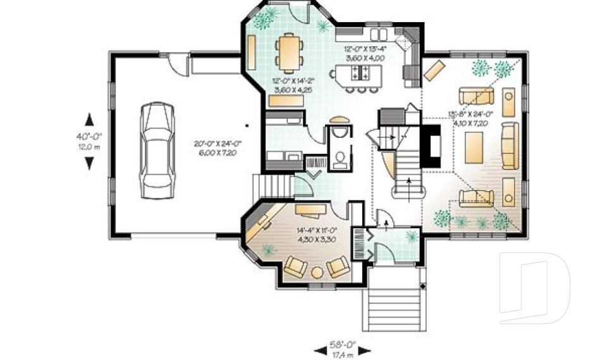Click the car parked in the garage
[156, 150]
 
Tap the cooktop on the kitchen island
[360, 71]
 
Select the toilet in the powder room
[339, 157]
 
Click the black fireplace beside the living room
[433, 146]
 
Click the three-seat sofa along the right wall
[510, 145]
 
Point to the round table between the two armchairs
[317, 271]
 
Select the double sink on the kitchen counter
[379, 34]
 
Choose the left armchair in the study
[295, 267]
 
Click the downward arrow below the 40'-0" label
[89, 163]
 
